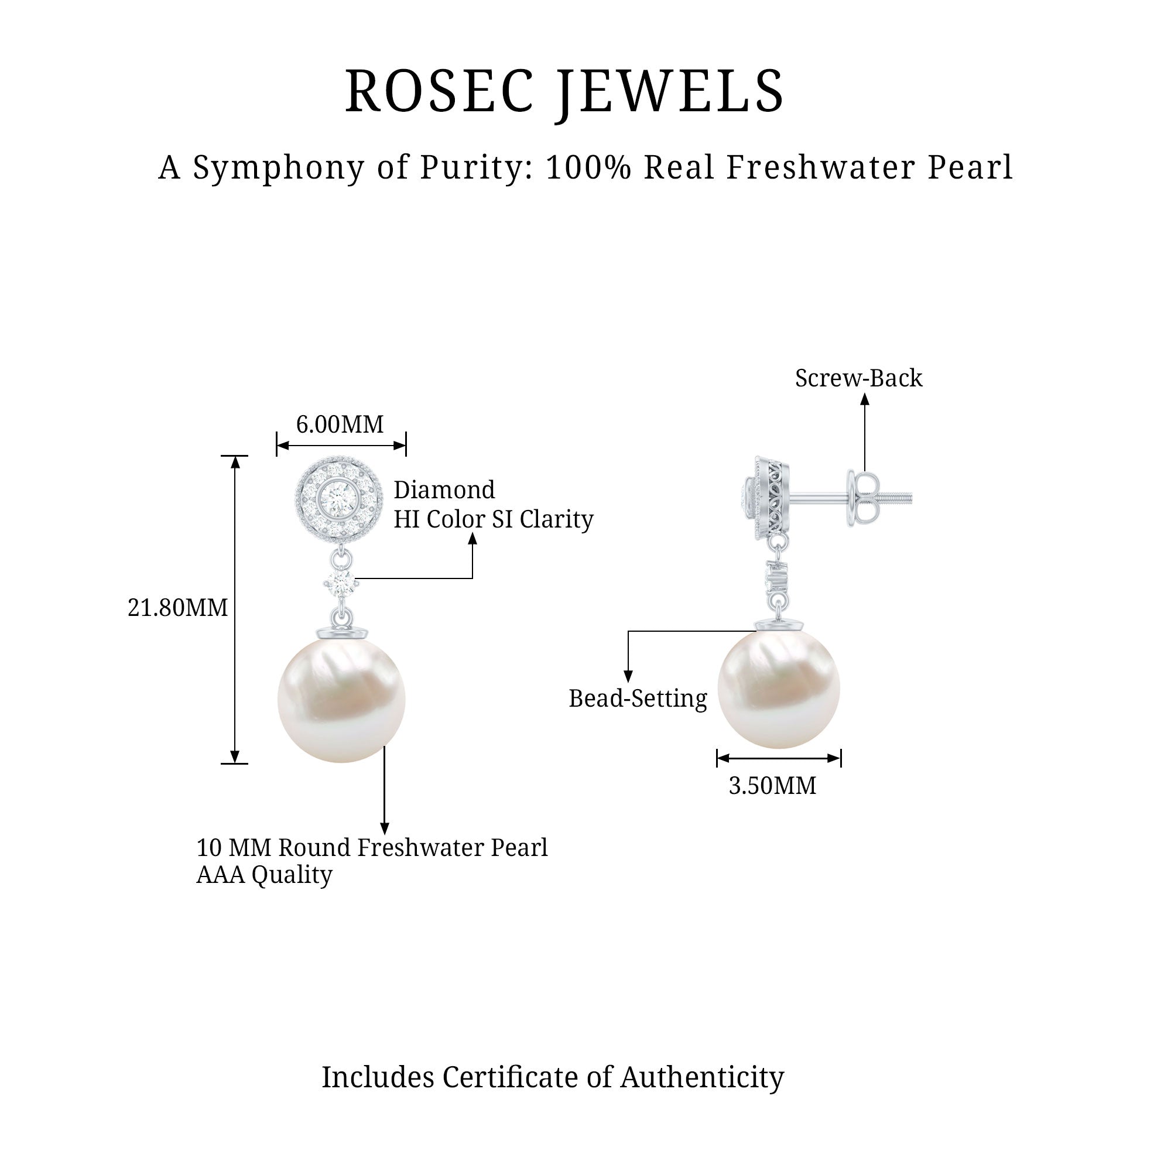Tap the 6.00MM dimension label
coord(340,425)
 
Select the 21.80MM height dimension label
coord(177,608)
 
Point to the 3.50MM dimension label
coord(772,786)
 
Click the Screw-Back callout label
coord(858,379)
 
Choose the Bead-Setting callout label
coord(638,699)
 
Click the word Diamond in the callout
coord(444,490)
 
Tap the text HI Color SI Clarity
coord(494,519)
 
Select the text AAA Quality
coord(264,875)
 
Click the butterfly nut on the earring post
coord(861,499)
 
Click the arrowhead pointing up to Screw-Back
coord(865,399)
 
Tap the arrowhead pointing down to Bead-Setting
coord(628,677)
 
